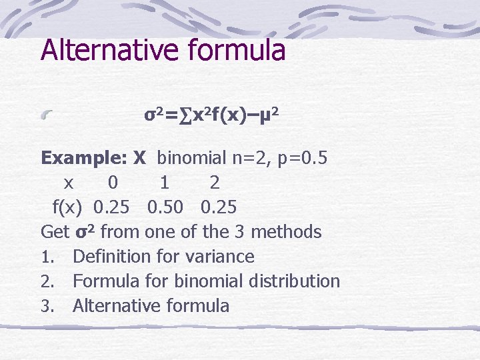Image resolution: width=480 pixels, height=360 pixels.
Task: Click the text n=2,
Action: [x=249, y=158]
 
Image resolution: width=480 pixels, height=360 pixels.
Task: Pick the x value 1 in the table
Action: [x=164, y=183]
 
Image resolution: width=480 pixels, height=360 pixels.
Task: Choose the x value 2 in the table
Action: [x=214, y=183]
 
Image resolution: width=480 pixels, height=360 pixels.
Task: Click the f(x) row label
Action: [x=67, y=207]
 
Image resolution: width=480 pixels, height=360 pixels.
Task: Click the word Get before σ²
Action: [x=55, y=232]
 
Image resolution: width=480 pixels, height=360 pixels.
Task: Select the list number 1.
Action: [x=46, y=257]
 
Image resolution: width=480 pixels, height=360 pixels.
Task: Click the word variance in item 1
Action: [x=221, y=257]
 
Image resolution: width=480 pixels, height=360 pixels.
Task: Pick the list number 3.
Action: [x=46, y=307]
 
